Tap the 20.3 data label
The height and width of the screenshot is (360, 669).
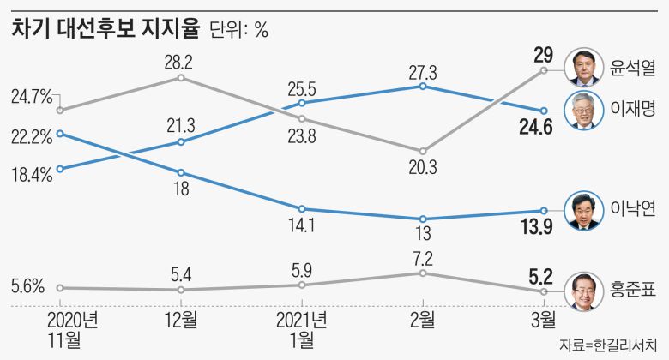422,170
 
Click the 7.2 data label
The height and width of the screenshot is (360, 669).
423,256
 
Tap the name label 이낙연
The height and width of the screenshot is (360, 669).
630,210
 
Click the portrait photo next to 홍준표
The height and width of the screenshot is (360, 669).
585,291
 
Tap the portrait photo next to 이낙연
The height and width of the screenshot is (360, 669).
585,211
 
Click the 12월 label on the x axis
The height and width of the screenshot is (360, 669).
181,321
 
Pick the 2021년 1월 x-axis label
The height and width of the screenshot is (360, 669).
302,330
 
